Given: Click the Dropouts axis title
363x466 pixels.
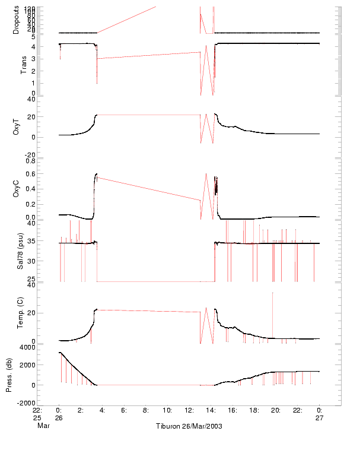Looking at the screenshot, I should [x=16, y=20].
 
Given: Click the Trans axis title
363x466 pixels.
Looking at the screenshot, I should [x=24, y=64].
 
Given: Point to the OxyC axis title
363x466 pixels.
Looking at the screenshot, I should [x=17, y=189].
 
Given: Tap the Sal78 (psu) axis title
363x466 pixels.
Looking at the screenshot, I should [x=20, y=252].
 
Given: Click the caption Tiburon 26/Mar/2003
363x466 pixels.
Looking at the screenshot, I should [x=189, y=426].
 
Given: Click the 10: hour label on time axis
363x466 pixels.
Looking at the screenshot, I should [x=167, y=410].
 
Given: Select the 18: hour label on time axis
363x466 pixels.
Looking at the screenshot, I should [x=254, y=410].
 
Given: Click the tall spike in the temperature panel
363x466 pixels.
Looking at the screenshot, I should [x=272, y=294].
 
